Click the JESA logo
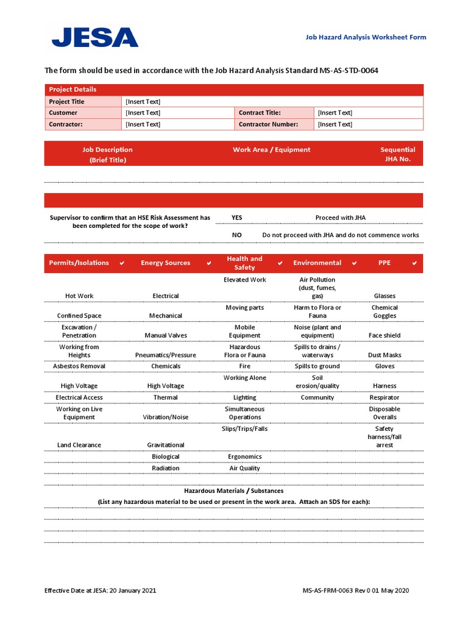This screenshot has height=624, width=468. (94, 37)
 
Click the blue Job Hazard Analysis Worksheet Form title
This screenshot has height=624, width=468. (366, 37)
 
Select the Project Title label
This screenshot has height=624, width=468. (67, 102)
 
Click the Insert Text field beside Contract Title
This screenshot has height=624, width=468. (335, 113)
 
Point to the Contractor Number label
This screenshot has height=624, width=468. (268, 124)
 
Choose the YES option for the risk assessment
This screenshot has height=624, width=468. (236, 218)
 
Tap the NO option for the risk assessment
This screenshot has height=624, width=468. (236, 235)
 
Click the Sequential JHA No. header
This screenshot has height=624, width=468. (397, 154)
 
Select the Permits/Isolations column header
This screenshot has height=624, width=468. (79, 263)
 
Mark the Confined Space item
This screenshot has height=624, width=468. (79, 316)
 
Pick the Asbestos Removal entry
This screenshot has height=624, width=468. (79, 366)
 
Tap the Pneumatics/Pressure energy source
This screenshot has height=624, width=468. (166, 355)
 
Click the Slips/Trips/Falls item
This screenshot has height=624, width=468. (244, 428)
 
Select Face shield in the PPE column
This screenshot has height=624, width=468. (385, 335)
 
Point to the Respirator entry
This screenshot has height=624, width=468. (385, 397)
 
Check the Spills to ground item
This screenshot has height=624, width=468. (317, 366)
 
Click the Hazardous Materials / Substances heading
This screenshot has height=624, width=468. (233, 491)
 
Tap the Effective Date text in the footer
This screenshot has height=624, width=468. (104, 590)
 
